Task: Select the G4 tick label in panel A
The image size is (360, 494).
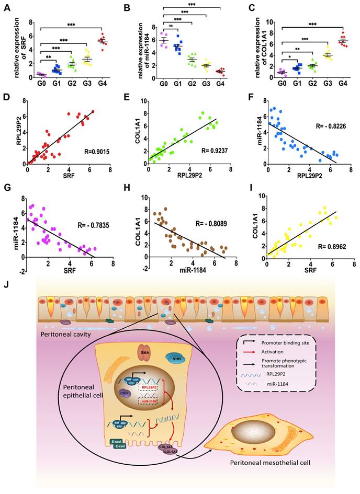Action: [x=103, y=82]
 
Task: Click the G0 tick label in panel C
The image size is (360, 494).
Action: [x=282, y=82]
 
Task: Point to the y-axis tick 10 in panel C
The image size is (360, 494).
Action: [x=271, y=22]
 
